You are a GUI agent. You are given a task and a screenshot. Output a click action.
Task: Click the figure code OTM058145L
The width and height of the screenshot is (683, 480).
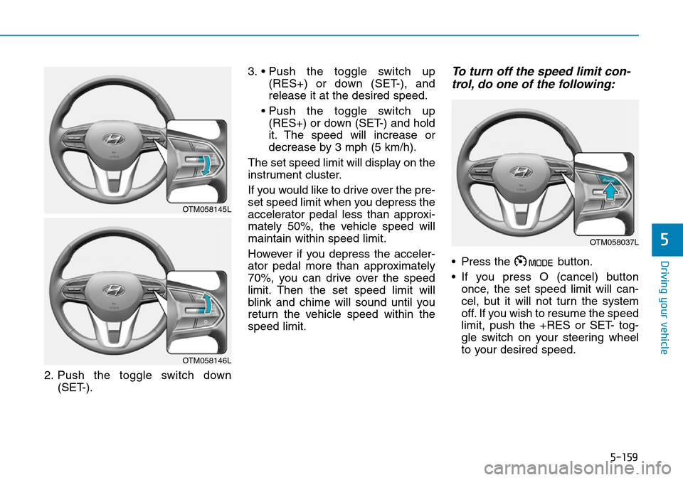click(x=206, y=209)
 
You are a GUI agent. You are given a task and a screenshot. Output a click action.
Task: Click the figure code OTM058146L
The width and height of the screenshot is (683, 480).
click(x=206, y=361)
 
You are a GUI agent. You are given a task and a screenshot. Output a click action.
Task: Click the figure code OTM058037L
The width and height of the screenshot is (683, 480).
click(x=614, y=242)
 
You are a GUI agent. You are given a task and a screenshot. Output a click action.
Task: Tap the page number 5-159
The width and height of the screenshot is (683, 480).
click(x=624, y=457)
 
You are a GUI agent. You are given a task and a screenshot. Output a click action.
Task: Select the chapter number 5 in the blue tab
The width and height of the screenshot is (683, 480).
click(x=664, y=239)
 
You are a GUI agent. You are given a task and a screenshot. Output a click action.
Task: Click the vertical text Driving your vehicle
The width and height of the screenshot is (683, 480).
click(x=665, y=307)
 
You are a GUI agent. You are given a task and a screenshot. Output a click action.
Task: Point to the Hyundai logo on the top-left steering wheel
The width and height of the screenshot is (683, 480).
click(x=114, y=139)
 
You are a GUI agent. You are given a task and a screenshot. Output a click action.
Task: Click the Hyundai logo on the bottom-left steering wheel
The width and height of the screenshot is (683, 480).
click(x=114, y=291)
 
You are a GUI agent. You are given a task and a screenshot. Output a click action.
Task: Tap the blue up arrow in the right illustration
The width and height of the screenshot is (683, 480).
click(x=611, y=191)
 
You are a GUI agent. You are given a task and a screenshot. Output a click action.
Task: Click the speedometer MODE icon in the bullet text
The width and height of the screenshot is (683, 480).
click(x=534, y=262)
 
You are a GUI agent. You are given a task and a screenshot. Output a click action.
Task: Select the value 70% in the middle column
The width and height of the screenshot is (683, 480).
click(x=259, y=278)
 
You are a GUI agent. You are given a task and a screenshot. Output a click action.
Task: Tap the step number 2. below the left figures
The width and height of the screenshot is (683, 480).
click(x=49, y=375)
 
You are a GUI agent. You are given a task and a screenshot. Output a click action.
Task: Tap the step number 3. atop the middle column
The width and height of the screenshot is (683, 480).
click(x=253, y=71)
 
